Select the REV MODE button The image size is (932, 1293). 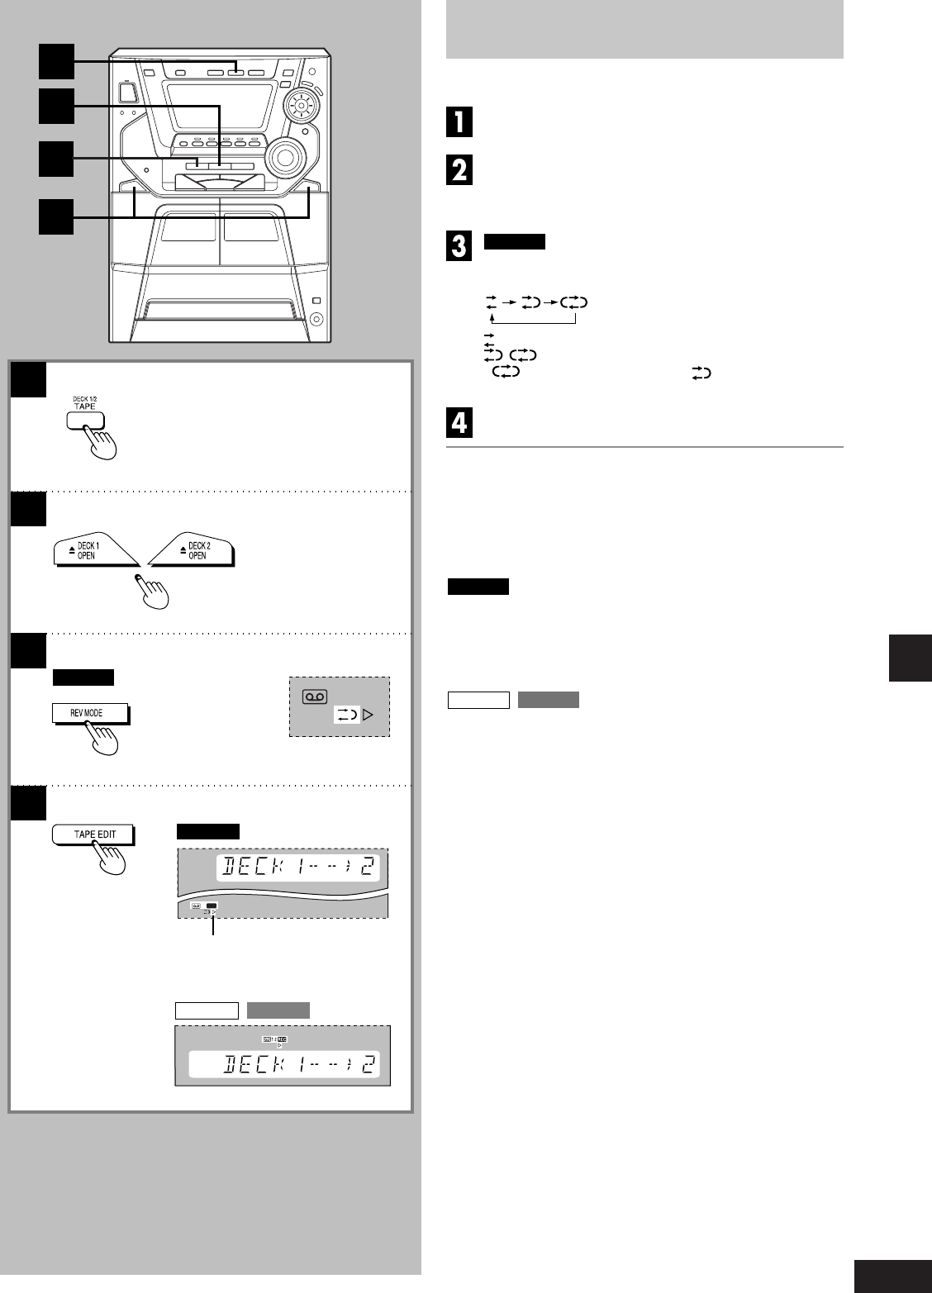pyautogui.click(x=91, y=712)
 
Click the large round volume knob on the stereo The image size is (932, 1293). pyautogui.click(x=285, y=155)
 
